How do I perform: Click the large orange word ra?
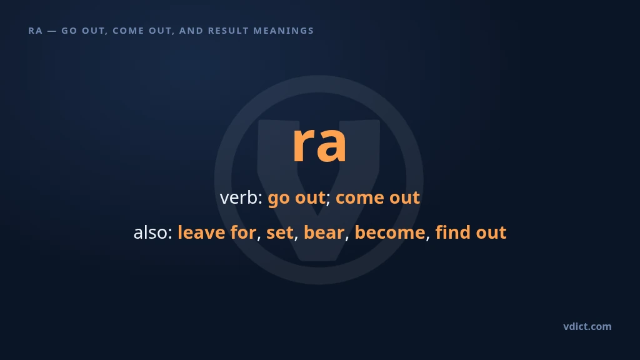click(319, 144)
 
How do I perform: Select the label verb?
click(241, 197)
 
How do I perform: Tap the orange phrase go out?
click(296, 197)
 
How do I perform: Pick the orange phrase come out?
click(377, 198)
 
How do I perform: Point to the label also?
click(153, 232)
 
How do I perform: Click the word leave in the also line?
click(201, 232)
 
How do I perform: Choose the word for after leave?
click(243, 232)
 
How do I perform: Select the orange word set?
click(280, 232)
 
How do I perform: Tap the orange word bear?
click(324, 232)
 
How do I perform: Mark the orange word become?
click(390, 232)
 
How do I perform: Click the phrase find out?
click(471, 232)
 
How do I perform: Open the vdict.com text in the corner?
click(587, 326)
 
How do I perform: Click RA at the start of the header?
click(36, 31)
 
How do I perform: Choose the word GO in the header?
click(69, 31)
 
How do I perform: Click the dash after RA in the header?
click(52, 31)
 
